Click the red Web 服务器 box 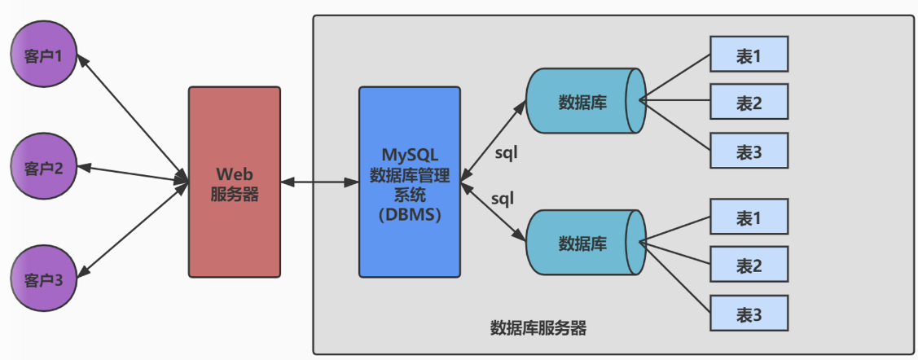(235, 181)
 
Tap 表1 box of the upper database (749, 55)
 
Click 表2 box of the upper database (749, 103)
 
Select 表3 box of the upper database (749, 150)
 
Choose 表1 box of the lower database (749, 218)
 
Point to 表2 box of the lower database (749, 266)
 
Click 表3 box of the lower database (749, 313)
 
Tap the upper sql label (507, 152)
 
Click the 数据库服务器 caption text (538, 328)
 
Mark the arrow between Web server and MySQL (319, 182)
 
